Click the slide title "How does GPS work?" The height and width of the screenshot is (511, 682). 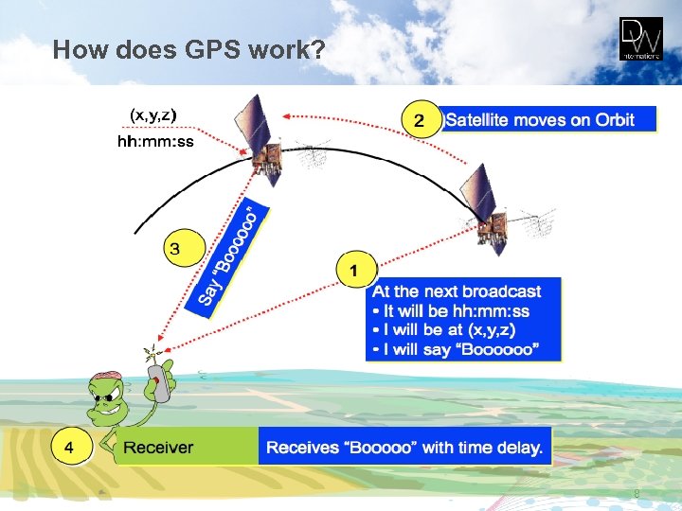[188, 49]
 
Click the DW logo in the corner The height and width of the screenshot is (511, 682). [641, 40]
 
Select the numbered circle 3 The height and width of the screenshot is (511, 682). [175, 250]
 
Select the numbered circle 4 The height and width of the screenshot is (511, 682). [72, 447]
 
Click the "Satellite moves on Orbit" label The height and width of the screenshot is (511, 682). [539, 119]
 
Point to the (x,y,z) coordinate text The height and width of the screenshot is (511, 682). [153, 115]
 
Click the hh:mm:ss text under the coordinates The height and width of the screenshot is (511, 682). [155, 142]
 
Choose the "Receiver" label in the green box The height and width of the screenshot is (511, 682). [158, 448]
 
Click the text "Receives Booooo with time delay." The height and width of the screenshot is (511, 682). [404, 448]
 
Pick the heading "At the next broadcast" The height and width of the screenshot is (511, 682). [457, 291]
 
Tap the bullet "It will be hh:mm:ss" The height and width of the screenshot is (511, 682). [451, 311]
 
